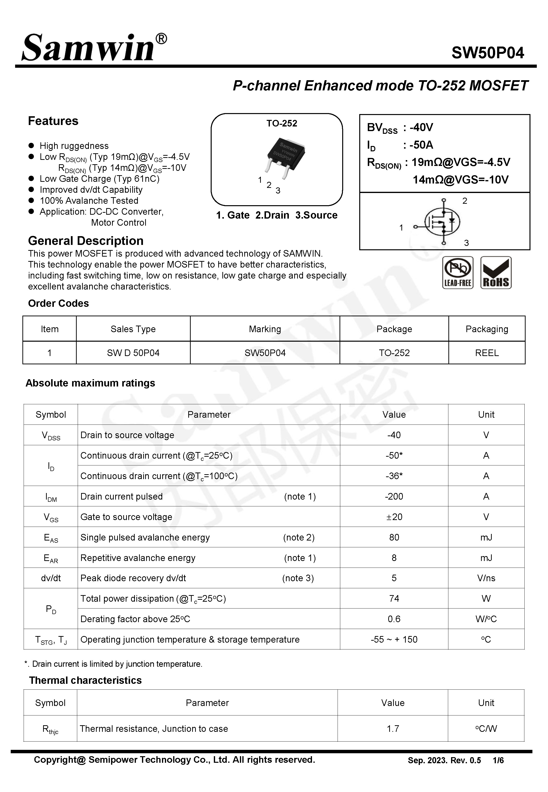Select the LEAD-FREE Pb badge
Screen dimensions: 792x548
457,273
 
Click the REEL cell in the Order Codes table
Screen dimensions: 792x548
487,353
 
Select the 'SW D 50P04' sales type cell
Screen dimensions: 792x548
133,353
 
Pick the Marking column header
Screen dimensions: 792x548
265,329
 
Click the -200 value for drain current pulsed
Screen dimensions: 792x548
394,496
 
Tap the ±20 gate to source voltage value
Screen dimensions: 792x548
394,517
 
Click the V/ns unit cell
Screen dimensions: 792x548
486,578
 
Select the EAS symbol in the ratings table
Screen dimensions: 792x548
51,538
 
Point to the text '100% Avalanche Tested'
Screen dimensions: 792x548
89,201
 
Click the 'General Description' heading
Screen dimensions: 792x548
85,241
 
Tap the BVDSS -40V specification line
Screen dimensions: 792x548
400,128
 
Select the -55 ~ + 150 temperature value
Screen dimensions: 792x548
394,639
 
